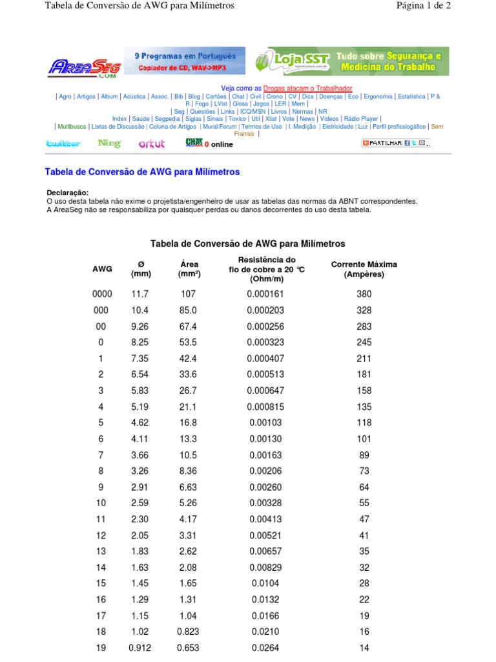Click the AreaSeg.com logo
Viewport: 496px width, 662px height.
point(84,67)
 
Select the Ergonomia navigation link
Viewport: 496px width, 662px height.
point(378,96)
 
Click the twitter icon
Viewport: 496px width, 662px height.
point(63,144)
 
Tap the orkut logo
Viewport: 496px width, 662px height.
point(152,144)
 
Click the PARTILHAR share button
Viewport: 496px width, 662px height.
point(395,143)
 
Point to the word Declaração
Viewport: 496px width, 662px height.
point(68,193)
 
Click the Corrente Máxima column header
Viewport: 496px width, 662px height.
point(364,269)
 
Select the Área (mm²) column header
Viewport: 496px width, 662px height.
point(189,269)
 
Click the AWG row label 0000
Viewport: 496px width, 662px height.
point(102,294)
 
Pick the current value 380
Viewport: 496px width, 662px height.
point(364,294)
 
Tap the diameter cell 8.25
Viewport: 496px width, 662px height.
point(140,342)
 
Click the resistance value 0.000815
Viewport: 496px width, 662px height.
point(265,407)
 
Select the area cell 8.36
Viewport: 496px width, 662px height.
point(188,471)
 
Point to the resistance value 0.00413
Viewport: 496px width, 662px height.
point(265,520)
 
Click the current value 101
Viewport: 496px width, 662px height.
point(364,439)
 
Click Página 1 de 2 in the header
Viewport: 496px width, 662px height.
point(423,6)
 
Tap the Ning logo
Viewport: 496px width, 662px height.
point(109,144)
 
